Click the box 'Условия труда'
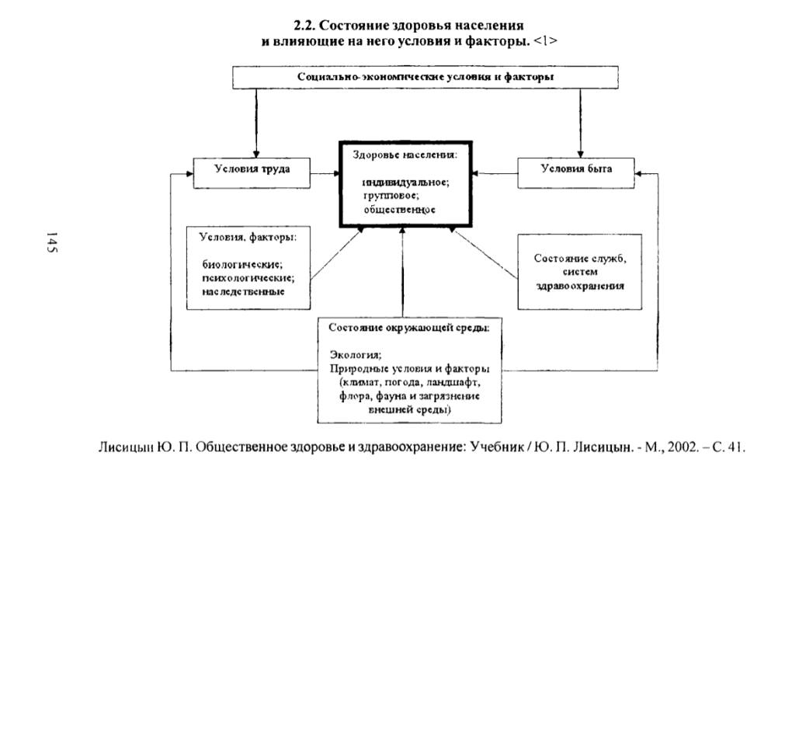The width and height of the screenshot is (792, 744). pyautogui.click(x=252, y=173)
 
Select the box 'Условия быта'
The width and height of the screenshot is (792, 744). pyautogui.click(x=576, y=173)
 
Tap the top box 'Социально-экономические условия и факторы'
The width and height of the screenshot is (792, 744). pyautogui.click(x=426, y=78)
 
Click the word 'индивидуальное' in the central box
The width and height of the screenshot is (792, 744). pyautogui.click(x=405, y=182)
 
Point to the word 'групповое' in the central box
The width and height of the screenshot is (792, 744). pyautogui.click(x=391, y=196)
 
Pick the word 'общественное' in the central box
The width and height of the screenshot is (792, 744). pyautogui.click(x=399, y=209)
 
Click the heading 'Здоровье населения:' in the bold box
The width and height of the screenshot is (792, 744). pyautogui.click(x=405, y=155)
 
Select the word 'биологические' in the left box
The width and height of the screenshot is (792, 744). pyautogui.click(x=242, y=264)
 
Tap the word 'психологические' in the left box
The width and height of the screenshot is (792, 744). pyautogui.click(x=248, y=278)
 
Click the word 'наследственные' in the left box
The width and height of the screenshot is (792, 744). pyautogui.click(x=243, y=291)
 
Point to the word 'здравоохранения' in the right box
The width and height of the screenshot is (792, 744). pyautogui.click(x=580, y=286)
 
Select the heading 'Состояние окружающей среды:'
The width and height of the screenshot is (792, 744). pyautogui.click(x=408, y=327)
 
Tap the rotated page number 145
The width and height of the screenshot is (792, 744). pyautogui.click(x=51, y=243)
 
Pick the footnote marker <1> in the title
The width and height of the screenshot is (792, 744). pyautogui.click(x=546, y=41)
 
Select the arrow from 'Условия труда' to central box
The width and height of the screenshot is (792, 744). pyautogui.click(x=325, y=174)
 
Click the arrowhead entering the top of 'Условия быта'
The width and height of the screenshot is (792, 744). pyautogui.click(x=580, y=154)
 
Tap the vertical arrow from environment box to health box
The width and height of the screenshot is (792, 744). pyautogui.click(x=402, y=273)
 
